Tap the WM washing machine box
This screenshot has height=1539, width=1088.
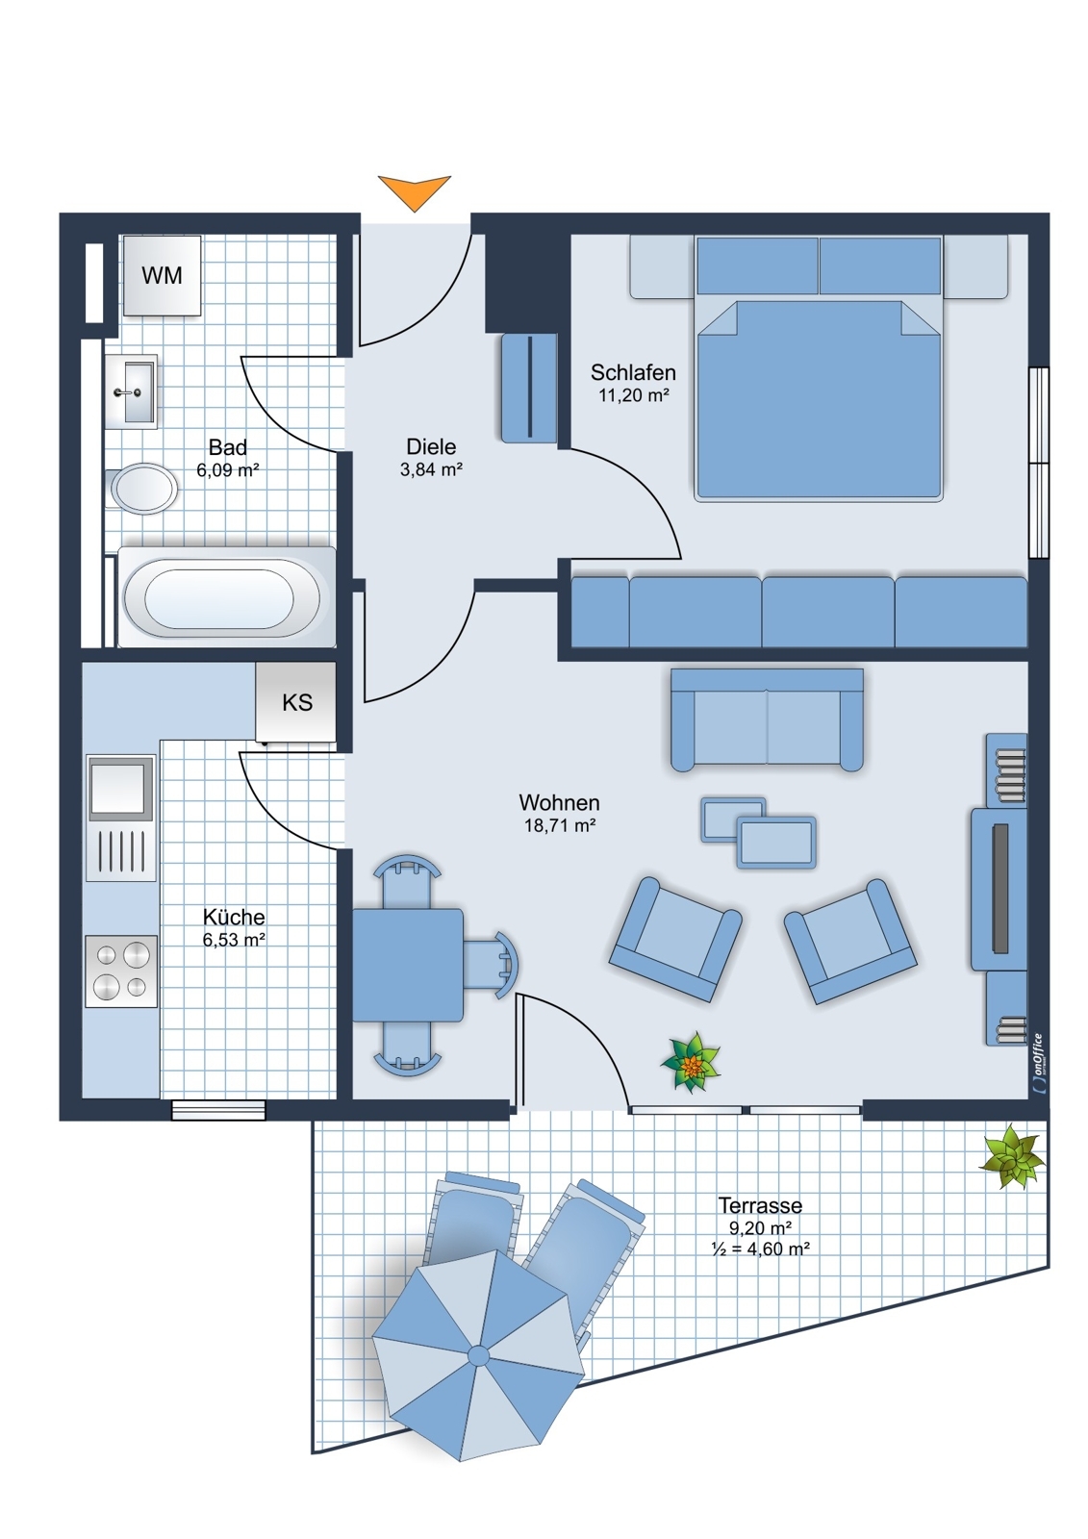tap(162, 275)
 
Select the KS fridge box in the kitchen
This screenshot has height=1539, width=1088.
tap(296, 702)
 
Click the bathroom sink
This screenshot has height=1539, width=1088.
tap(131, 391)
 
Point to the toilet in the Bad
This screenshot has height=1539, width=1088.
tap(142, 489)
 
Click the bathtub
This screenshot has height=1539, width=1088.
tap(227, 597)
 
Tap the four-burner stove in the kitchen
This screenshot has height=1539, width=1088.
tap(121, 971)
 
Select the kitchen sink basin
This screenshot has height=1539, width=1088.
tap(120, 788)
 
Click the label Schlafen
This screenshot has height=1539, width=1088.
tap(633, 372)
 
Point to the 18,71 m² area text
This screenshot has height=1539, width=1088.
tap(560, 825)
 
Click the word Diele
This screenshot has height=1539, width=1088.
tap(431, 446)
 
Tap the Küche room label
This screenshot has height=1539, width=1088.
tap(234, 917)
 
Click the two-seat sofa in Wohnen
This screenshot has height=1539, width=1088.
tap(767, 719)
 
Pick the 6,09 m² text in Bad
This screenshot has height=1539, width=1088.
tap(227, 470)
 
